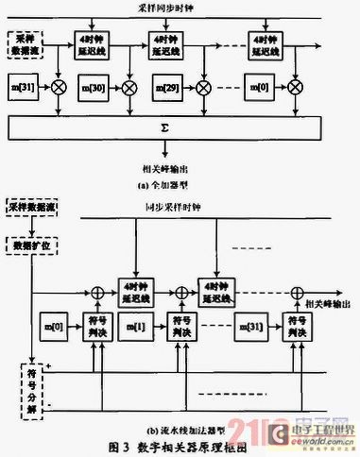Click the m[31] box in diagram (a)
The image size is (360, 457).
[22, 87]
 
